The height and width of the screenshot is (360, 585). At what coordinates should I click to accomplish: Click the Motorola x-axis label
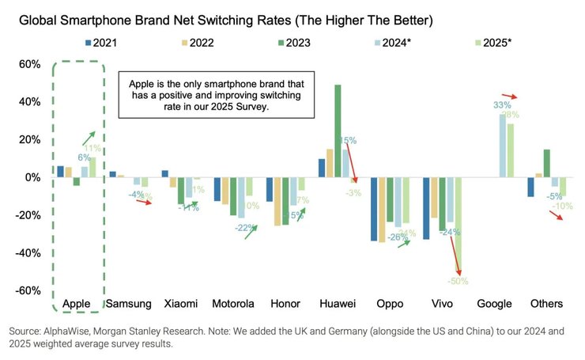[x=233, y=304]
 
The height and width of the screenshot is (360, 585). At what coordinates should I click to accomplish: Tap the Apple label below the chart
[x=77, y=304]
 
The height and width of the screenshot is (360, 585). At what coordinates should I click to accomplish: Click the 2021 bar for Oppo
[x=373, y=209]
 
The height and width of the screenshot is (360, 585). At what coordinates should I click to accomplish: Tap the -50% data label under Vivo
[x=458, y=280]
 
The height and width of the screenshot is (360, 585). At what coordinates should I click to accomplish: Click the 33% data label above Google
[x=502, y=105]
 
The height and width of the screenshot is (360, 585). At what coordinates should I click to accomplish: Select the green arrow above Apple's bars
[x=86, y=139]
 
